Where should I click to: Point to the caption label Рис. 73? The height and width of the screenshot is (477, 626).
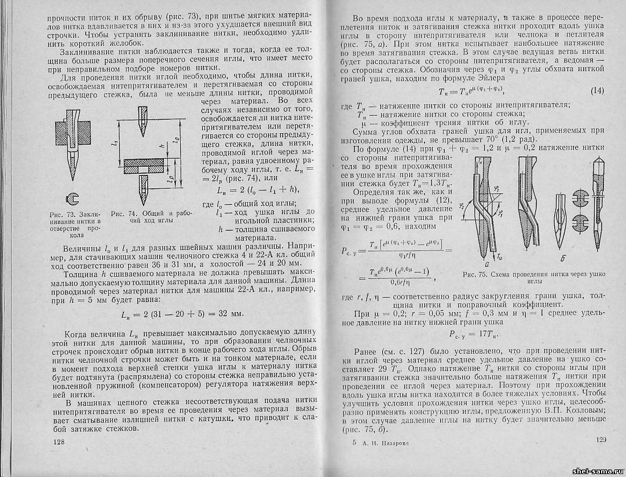click(60, 216)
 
